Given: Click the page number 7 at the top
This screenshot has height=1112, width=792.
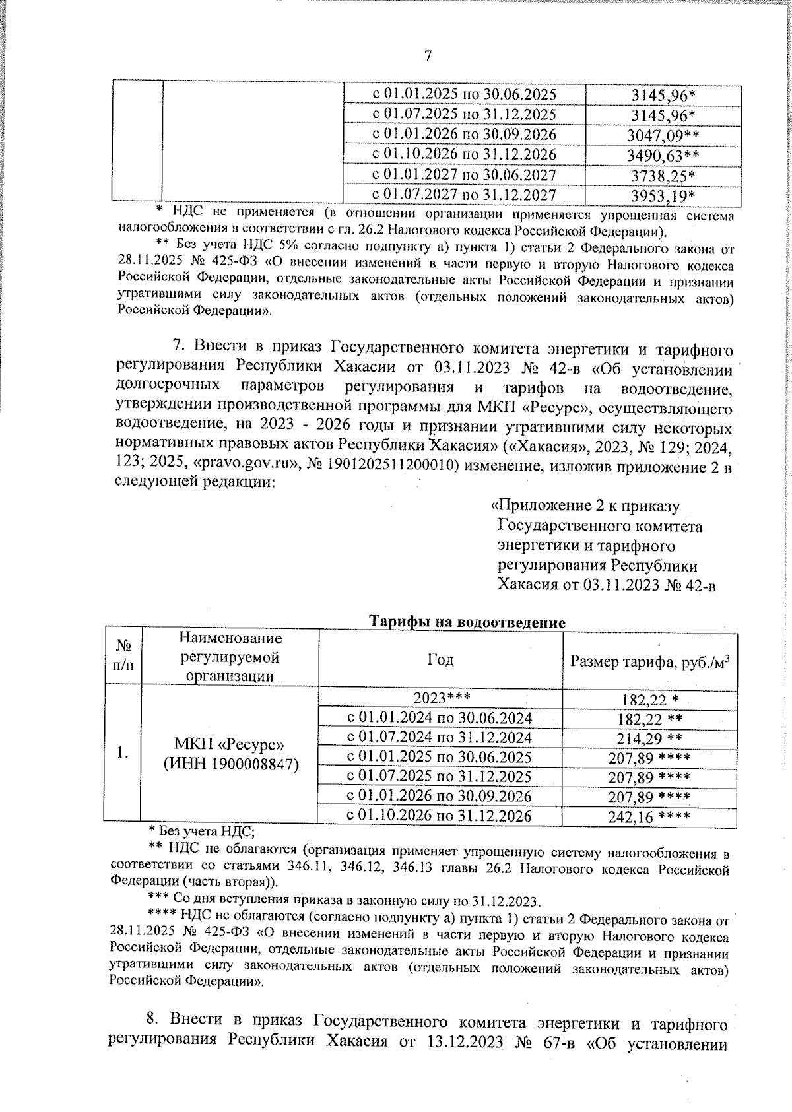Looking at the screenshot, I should tap(428, 55).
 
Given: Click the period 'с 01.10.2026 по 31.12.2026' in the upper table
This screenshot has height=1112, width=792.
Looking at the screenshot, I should tap(465, 155).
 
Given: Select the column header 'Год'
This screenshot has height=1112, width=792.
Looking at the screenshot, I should tap(440, 659).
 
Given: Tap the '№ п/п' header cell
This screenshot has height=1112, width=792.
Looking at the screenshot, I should tap(123, 657).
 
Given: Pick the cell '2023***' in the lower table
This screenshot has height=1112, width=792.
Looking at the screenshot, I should tap(440, 698).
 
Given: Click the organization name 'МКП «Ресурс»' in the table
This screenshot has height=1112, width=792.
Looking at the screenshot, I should tap(229, 744).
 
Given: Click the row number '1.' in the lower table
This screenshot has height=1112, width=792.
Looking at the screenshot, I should tap(123, 753).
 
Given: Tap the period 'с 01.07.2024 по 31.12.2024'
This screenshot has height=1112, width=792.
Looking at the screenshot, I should tap(440, 737).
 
